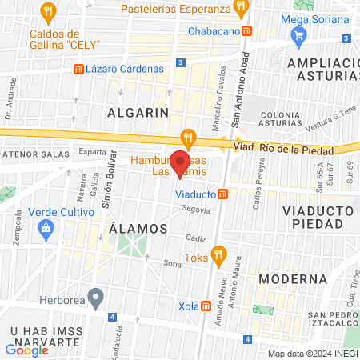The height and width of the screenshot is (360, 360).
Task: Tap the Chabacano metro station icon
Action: [x=248, y=31]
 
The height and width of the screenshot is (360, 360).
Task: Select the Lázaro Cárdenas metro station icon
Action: [x=78, y=69]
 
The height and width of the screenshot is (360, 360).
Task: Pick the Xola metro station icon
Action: [x=206, y=306]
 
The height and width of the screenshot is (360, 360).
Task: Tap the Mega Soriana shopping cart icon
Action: [x=300, y=35]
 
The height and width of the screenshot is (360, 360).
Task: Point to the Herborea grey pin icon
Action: [x=96, y=300]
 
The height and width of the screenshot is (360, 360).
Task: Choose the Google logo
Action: [x=27, y=350]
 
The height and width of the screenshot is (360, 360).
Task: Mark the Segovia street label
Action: [x=196, y=210]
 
